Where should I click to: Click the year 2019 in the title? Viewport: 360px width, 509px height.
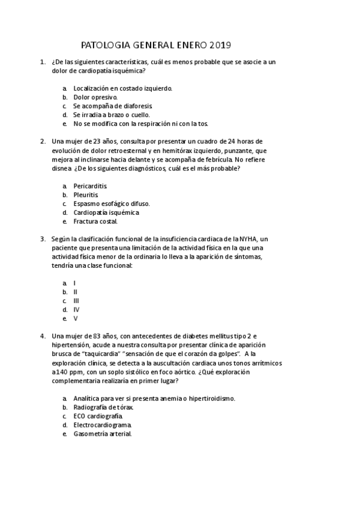220,45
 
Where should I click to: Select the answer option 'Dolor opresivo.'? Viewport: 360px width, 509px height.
95,97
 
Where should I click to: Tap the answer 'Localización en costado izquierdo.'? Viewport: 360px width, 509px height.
122,88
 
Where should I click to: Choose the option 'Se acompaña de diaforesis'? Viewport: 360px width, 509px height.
109,106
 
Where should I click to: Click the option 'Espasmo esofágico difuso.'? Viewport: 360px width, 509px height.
112,203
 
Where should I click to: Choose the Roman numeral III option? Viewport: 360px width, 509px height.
76,301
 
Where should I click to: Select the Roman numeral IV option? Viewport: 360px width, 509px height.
76,310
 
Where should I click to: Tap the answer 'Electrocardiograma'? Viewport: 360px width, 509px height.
103,425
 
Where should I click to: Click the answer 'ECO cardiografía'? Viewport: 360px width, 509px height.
98,416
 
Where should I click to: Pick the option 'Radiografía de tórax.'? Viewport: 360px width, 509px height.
104,407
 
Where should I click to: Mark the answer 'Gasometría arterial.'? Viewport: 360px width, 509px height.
103,433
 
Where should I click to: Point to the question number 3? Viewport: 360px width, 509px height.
43,239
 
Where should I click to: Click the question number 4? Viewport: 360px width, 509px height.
43,337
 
